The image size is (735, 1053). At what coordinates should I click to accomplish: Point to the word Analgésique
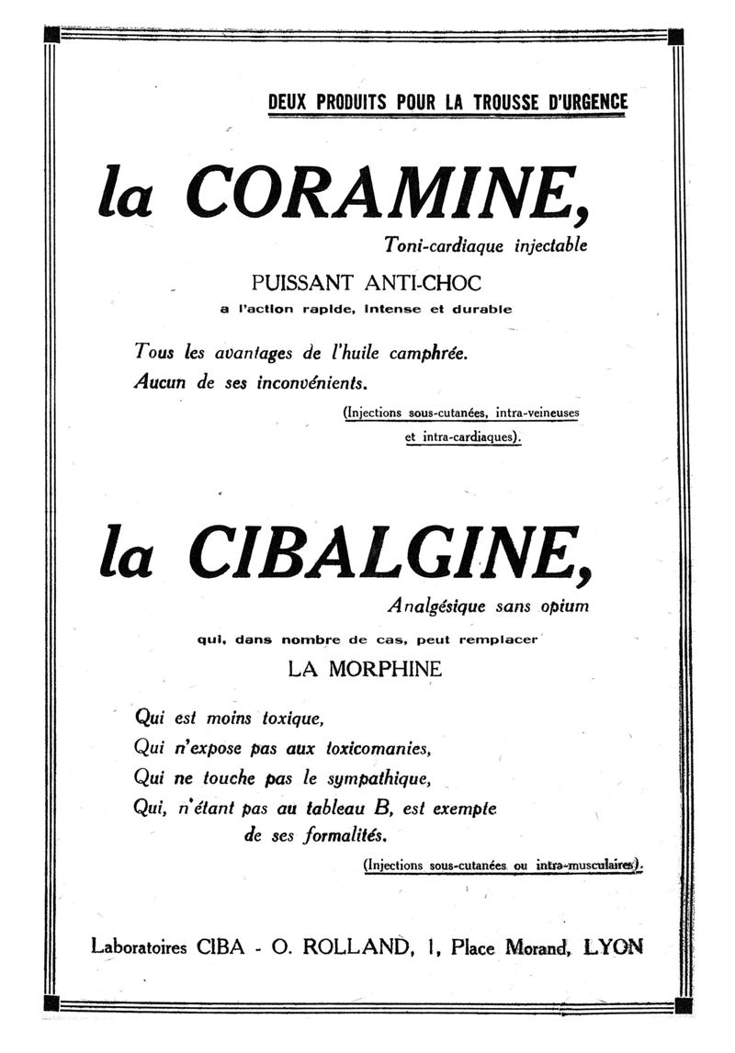coord(437,606)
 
